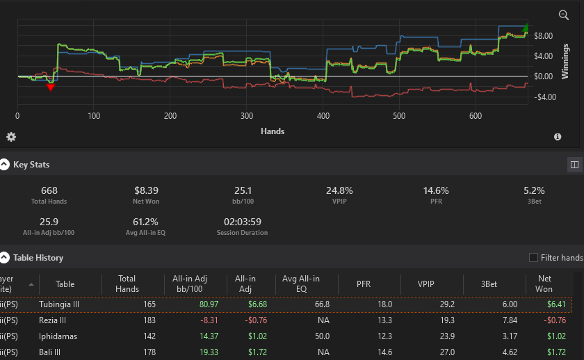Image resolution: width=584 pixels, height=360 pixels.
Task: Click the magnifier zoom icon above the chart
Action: coord(564,15)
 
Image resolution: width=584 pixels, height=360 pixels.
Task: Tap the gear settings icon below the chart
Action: coord(11,137)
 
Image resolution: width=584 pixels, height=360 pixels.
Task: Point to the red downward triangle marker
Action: coord(51,88)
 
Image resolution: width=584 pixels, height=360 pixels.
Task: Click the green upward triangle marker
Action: coord(525,28)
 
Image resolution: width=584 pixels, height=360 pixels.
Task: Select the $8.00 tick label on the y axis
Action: coord(544,36)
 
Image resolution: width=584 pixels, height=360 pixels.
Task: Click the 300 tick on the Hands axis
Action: coord(247,116)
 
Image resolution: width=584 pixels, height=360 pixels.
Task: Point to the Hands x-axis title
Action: coord(273,131)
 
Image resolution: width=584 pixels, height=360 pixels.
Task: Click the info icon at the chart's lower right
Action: coord(558,137)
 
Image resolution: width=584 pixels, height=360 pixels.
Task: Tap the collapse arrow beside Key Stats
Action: coord(4,165)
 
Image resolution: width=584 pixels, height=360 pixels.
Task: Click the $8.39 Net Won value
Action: coord(147,190)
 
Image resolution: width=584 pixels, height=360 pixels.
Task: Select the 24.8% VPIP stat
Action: coord(339,190)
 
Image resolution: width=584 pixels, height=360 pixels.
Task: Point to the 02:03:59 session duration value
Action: coord(243,222)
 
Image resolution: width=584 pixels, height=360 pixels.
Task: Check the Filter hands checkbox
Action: coord(533,258)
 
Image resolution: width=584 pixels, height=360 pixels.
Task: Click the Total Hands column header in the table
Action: coord(127,284)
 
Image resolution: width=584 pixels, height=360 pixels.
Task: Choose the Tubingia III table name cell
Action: coord(59,304)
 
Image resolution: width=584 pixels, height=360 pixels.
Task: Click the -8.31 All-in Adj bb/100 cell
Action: coord(209,320)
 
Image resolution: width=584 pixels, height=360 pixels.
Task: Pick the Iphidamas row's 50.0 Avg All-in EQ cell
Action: coord(322,336)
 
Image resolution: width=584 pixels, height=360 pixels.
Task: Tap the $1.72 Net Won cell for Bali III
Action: coord(556,352)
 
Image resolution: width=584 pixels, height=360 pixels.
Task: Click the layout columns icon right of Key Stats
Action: coord(574,165)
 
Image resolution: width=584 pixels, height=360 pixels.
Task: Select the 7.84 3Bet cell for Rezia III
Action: coord(510,320)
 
